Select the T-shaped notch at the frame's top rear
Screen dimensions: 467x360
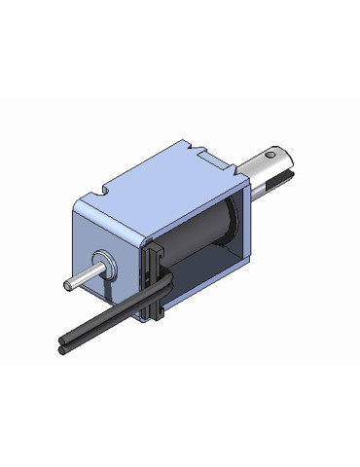[205, 153]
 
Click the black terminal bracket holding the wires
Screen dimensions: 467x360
[154, 277]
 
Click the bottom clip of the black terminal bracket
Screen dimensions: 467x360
[157, 312]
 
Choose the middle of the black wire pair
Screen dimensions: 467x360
[107, 319]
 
